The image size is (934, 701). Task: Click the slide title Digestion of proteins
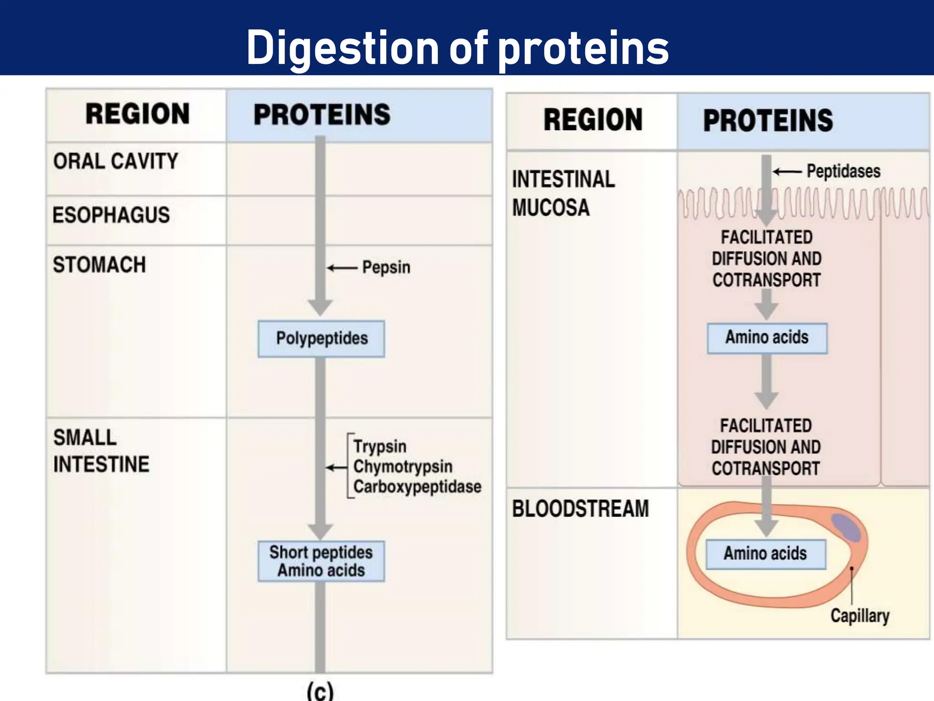point(457,47)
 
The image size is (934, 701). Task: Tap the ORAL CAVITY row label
point(115,161)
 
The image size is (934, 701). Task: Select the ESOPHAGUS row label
point(111,215)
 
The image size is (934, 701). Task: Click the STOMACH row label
point(99,265)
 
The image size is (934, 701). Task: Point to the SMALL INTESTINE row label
point(101,451)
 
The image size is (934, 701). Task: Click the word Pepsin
point(386,267)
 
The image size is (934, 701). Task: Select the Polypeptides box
point(321,339)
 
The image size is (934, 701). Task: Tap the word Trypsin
point(380,446)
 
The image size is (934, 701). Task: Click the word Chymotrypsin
point(403,466)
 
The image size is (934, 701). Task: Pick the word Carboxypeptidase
point(417,487)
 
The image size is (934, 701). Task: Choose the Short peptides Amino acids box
point(321,561)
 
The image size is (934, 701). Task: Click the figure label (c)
point(320,691)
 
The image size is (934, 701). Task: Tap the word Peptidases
point(843,172)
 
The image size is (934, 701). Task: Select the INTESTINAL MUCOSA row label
point(563,193)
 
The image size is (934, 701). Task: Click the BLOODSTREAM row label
point(580,509)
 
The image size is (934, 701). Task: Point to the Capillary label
point(860,616)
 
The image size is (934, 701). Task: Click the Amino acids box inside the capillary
point(765,554)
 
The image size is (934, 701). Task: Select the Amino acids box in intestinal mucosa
point(767,338)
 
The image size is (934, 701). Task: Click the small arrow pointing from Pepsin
point(342,268)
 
